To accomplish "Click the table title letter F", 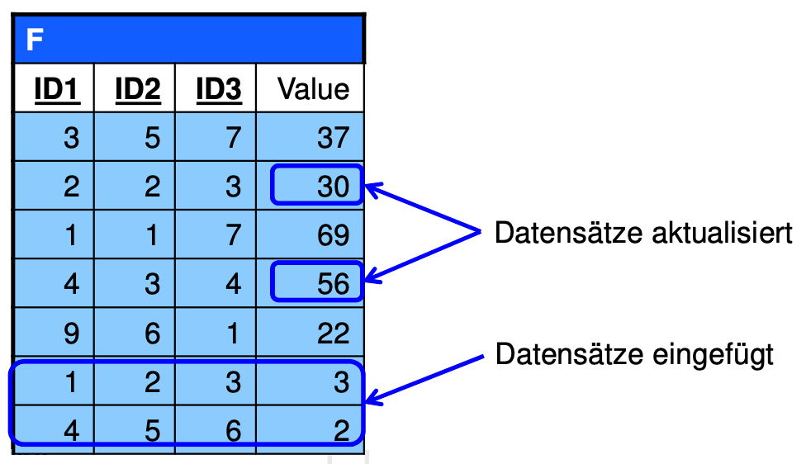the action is coord(35,40).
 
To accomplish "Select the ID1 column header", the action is coord(57,89).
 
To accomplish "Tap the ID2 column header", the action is coord(138,89).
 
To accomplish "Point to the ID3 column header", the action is coord(219,89).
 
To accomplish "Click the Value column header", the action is coord(314,89).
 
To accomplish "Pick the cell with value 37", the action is coord(310,137).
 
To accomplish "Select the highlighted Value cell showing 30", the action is coord(317,185).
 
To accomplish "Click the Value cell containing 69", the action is coord(310,234).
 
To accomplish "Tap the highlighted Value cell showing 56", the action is coord(317,282).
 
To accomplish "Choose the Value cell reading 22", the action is coord(310,332).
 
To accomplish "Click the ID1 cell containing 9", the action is coord(54,332).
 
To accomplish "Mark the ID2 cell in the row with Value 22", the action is coord(135,332).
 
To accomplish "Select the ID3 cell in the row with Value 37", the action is coord(216,137).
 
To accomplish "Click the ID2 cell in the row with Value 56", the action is coord(135,283).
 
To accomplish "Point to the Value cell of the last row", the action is coord(310,429).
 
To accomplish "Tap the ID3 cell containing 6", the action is coord(216,429).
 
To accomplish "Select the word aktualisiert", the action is coord(723,233).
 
